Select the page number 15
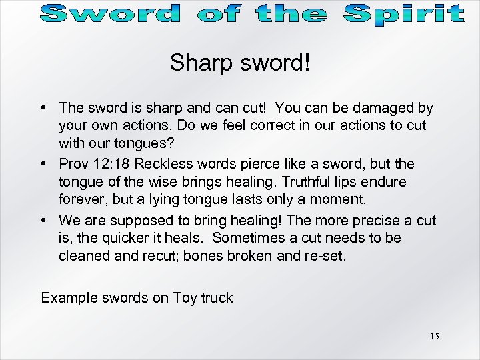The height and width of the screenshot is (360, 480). pos(434,336)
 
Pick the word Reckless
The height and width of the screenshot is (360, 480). pos(170,164)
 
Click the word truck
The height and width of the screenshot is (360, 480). pos(217,298)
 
